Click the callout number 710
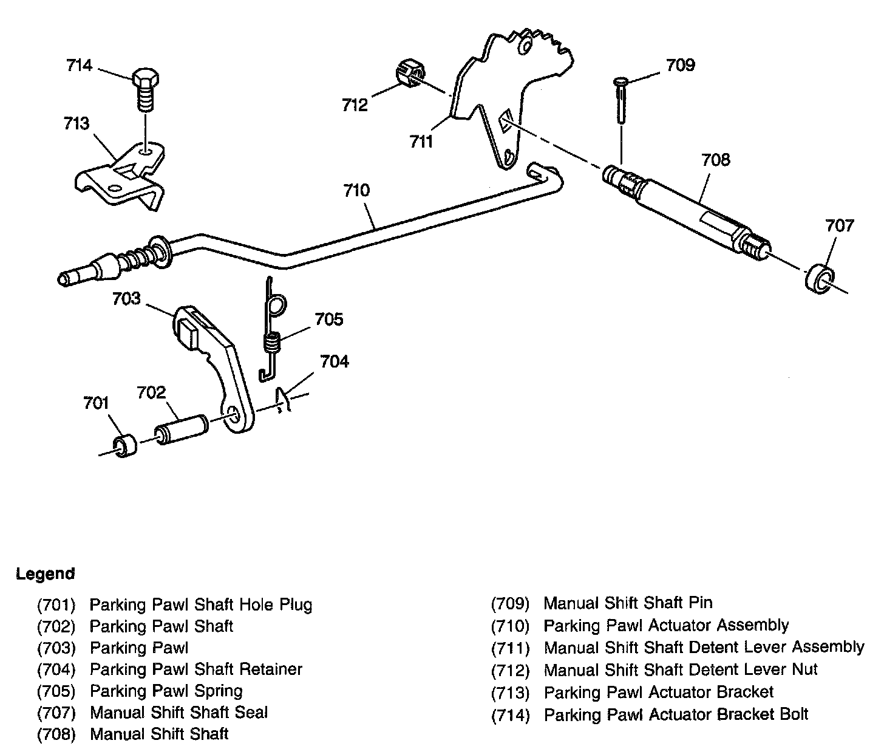click(356, 191)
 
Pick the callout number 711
click(421, 142)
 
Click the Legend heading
click(46, 574)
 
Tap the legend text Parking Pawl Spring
click(166, 691)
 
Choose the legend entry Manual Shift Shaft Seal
click(178, 713)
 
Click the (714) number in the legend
click(510, 715)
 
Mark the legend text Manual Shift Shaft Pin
click(628, 603)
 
